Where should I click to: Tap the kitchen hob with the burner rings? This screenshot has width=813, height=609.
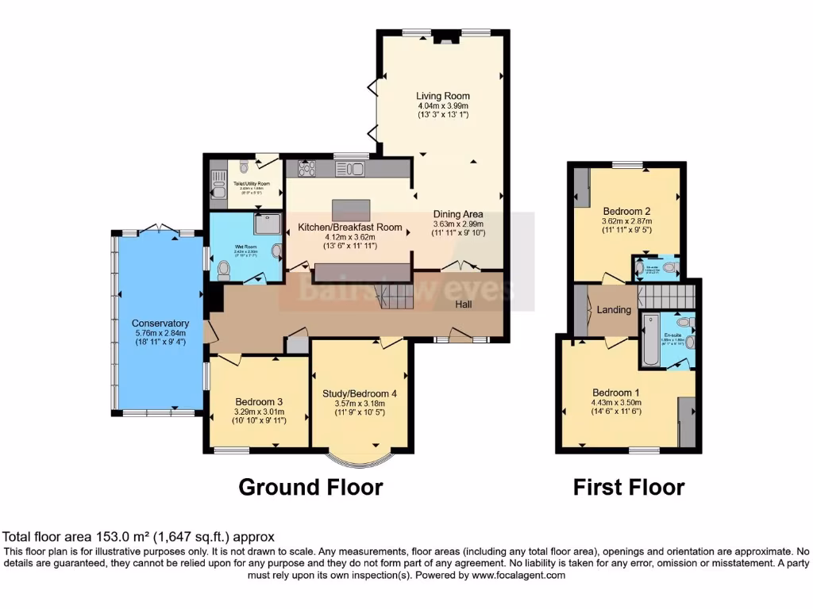[x=307, y=169]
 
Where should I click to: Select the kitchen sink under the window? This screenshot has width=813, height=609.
[x=349, y=168]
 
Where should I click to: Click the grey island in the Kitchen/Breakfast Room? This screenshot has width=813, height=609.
[x=352, y=209]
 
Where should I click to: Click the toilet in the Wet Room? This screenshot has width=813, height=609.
[x=223, y=270]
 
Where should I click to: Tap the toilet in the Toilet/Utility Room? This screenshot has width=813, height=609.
[x=243, y=167]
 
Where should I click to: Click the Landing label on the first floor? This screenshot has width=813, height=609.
[x=614, y=309]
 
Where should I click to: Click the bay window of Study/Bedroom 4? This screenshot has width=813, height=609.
[x=360, y=460]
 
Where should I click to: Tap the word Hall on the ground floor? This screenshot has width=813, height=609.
[x=466, y=304]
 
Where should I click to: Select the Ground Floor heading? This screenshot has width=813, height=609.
[x=310, y=486]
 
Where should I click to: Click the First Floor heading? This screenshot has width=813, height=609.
[x=629, y=486]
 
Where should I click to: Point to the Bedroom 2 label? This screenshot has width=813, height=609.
[x=626, y=211]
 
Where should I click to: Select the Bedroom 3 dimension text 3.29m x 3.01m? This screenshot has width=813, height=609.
[x=259, y=412]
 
